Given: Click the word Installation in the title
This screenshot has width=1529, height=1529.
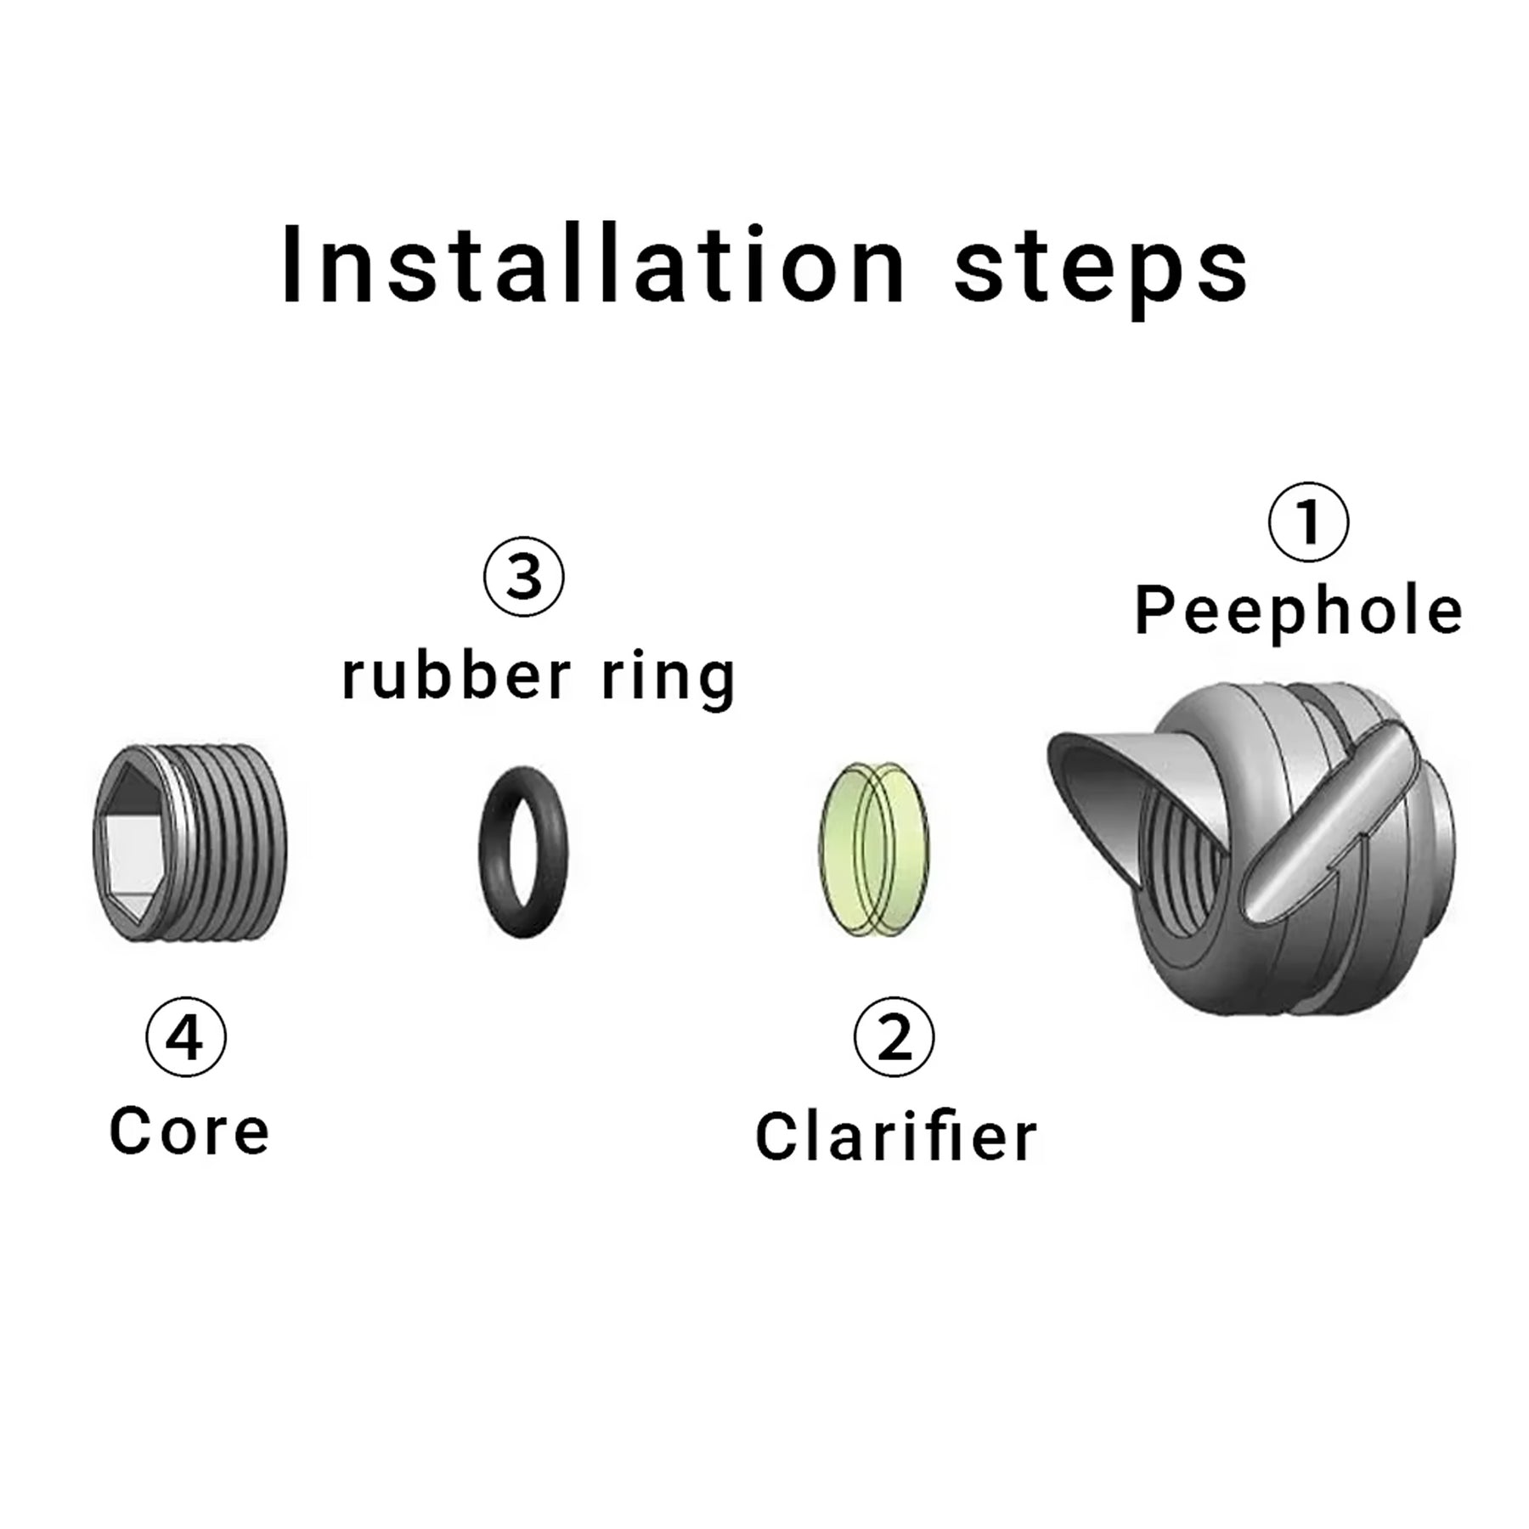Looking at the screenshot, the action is pos(594,264).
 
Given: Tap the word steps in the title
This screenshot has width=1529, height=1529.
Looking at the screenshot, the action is pos(1103,270).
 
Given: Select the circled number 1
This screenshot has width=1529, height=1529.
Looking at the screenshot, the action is pos(1308,522).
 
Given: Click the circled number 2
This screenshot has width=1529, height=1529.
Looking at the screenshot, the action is pos(894,1037).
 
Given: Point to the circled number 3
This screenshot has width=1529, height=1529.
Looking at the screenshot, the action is pos(523,576).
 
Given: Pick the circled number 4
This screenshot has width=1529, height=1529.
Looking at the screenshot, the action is pos(186,1037).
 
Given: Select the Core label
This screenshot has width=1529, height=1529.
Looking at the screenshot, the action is pos(189,1131).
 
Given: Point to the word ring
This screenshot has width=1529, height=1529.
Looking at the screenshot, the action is pos(668,680).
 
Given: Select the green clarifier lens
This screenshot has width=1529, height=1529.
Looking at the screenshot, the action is pos(873,849).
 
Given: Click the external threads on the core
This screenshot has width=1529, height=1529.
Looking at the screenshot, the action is pos(229,844).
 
